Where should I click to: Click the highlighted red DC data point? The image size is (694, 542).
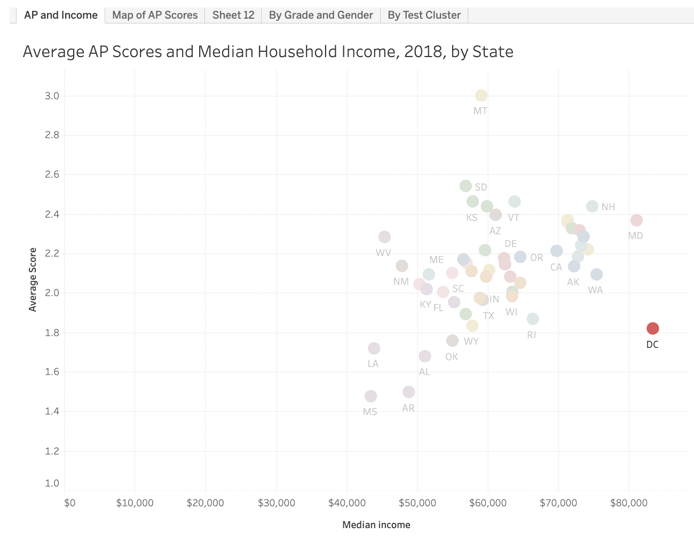[x=652, y=328]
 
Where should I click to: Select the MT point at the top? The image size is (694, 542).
[x=481, y=95]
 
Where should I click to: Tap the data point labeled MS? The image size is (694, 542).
[x=370, y=396]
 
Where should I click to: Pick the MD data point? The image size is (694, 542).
[x=636, y=220]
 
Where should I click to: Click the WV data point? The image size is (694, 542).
[x=384, y=237]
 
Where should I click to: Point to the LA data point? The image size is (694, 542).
[x=374, y=348]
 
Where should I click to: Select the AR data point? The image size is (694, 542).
[x=408, y=392]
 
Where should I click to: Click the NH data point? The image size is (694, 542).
[x=592, y=206]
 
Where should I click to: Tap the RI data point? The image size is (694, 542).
[x=532, y=319]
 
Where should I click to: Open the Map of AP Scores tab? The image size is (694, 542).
[x=155, y=15]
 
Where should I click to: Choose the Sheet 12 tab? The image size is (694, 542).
[x=233, y=15]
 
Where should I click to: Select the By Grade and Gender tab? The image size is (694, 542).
[x=321, y=15]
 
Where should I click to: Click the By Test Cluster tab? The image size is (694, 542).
[x=424, y=15]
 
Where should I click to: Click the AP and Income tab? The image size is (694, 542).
[x=61, y=15]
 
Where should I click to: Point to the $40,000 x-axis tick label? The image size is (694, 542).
[x=347, y=503]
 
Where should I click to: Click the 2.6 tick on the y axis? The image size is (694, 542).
[x=52, y=174]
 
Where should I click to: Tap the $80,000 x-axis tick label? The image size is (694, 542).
[x=629, y=503]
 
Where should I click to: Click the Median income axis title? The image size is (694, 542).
[x=376, y=525]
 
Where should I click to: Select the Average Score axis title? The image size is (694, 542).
[x=33, y=280]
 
